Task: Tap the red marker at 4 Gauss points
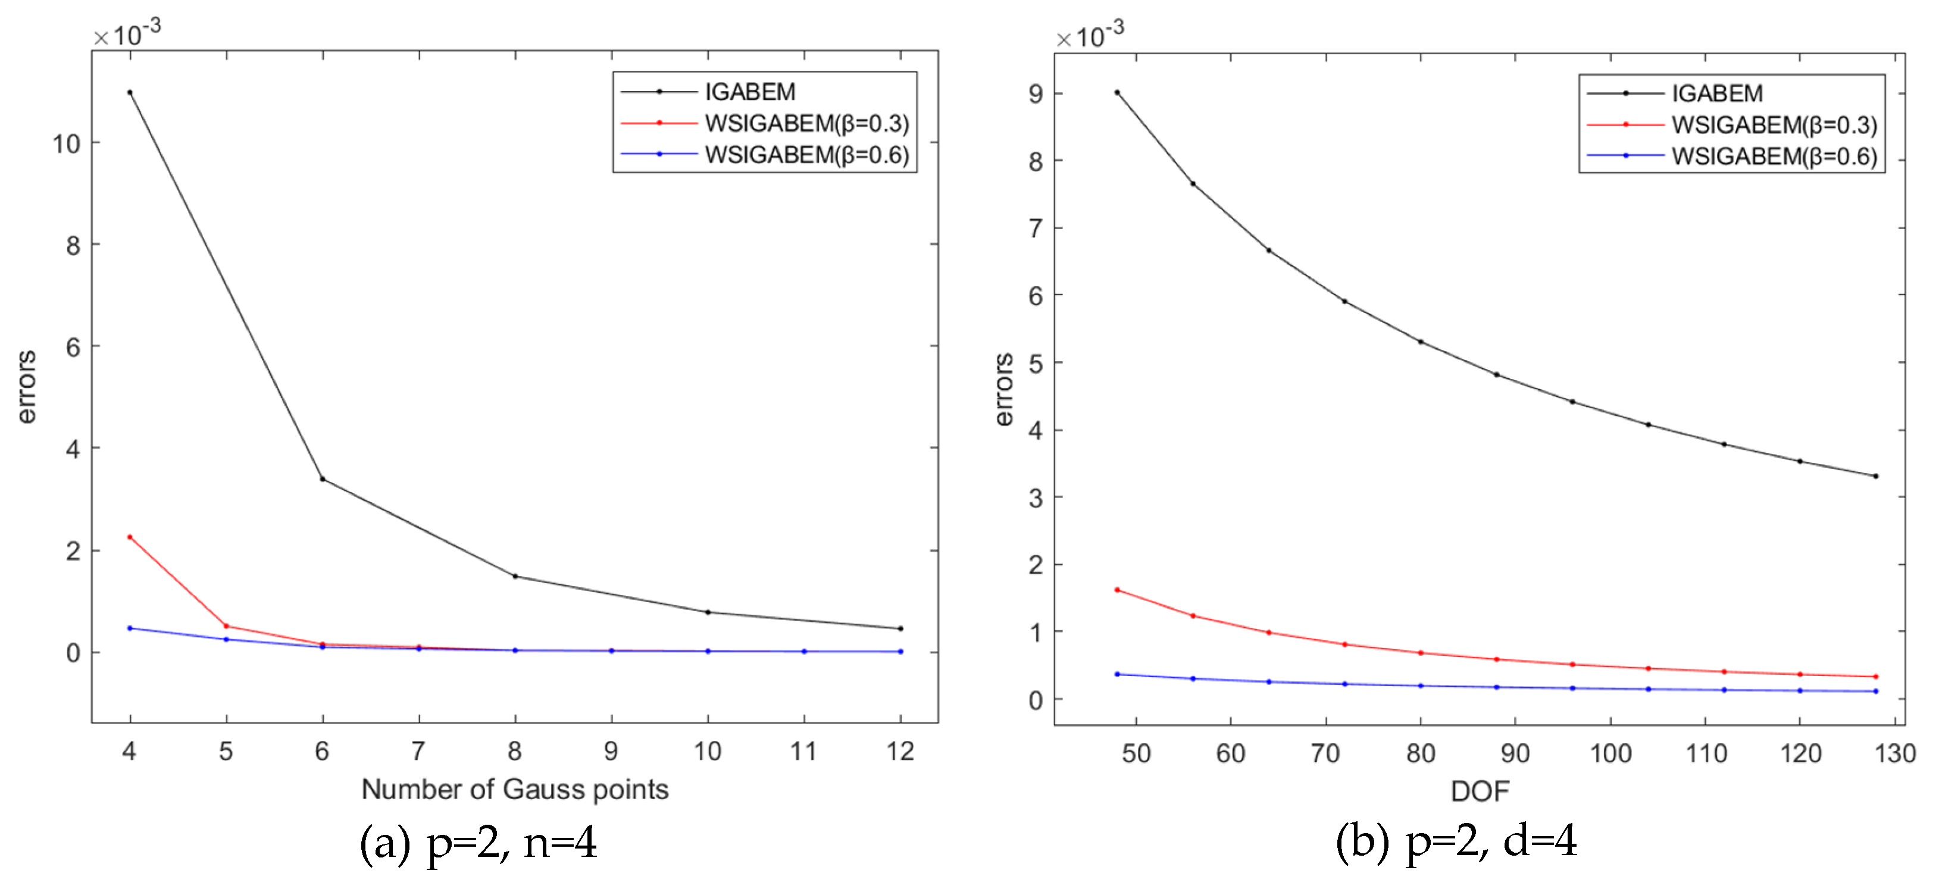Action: (130, 537)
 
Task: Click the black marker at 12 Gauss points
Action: (900, 628)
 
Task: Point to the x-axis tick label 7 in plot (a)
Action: (418, 750)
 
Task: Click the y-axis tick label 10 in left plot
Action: (66, 143)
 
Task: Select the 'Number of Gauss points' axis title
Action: (515, 789)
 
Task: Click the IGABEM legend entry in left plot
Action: (750, 92)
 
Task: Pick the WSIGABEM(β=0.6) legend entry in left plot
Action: (806, 154)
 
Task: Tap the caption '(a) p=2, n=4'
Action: (479, 843)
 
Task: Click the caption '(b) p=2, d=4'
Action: (1456, 841)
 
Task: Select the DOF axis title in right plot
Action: (1479, 791)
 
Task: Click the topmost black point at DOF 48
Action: (1117, 93)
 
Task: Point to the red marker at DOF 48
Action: (1117, 590)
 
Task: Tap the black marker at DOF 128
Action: (1875, 475)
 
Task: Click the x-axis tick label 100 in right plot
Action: (1610, 753)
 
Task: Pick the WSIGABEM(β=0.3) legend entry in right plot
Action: (1774, 125)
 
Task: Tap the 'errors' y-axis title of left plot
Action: (26, 387)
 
